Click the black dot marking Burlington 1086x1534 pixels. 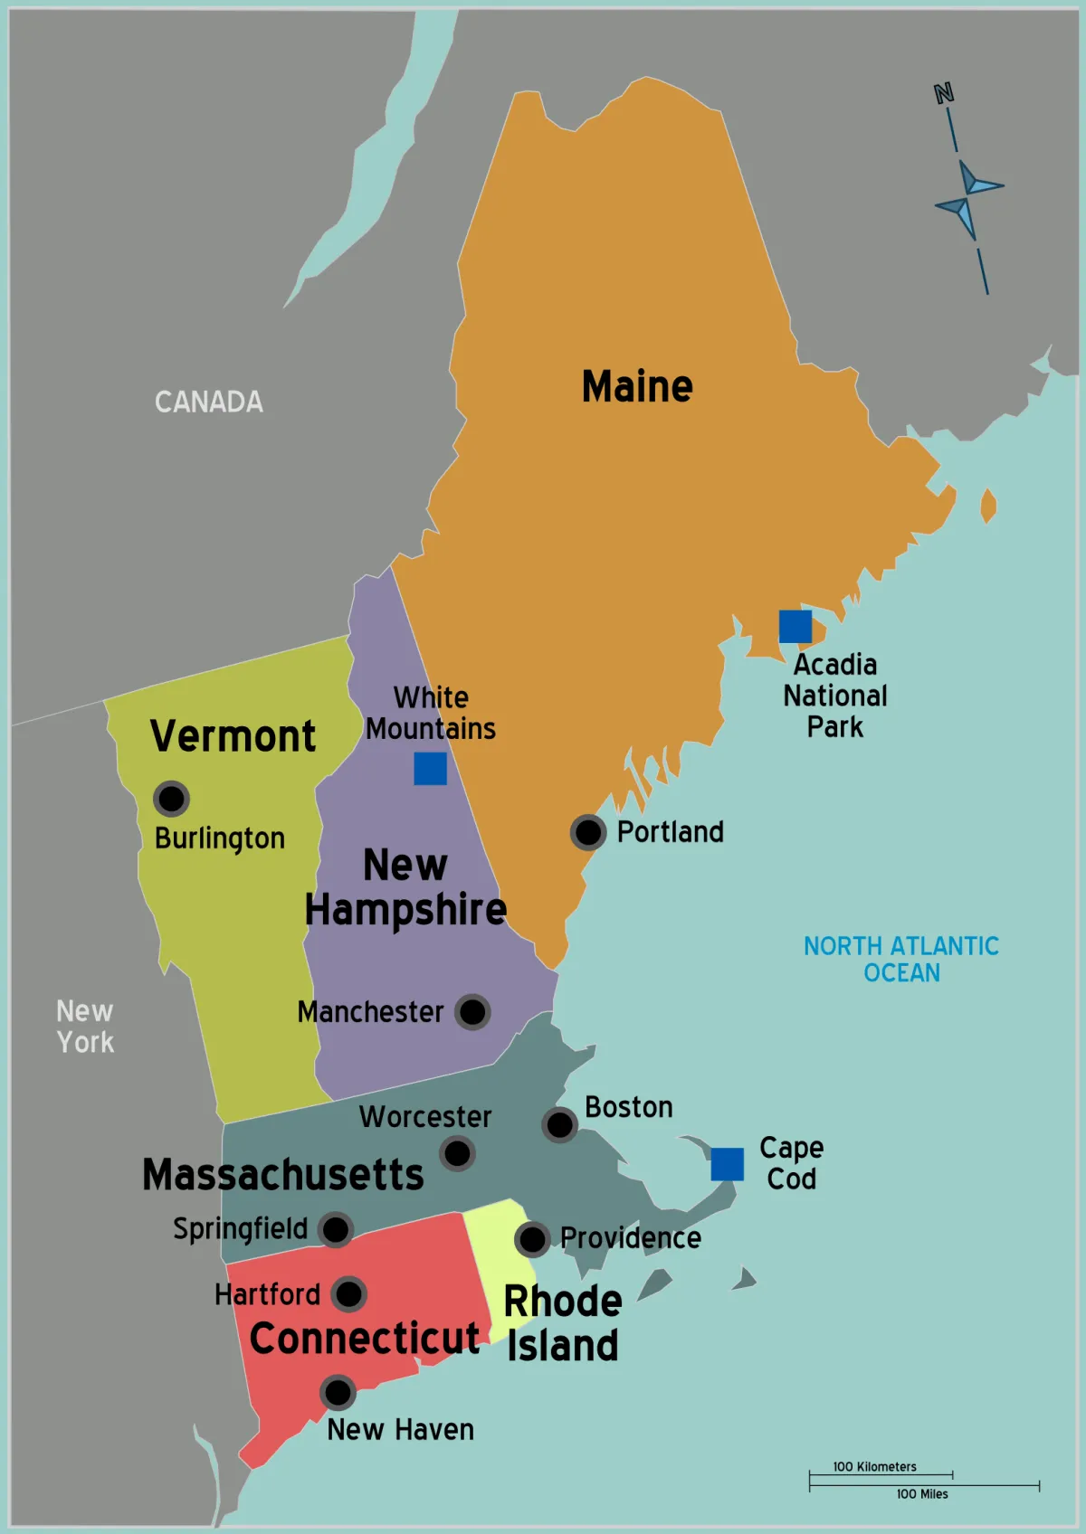pos(171,799)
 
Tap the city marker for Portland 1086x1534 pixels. pos(588,832)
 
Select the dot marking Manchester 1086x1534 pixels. pos(472,1012)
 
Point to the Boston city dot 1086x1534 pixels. pos(559,1125)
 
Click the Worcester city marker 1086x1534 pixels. pos(457,1153)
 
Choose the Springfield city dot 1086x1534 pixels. pos(336,1229)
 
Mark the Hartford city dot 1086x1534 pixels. pos(348,1294)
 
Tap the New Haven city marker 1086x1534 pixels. pos(338,1393)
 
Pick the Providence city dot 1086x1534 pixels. pos(532,1239)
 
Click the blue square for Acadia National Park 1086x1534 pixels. pos(795,626)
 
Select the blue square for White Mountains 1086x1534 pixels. pos(430,769)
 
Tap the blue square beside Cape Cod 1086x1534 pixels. pos(727,1164)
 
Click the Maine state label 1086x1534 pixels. pos(637,387)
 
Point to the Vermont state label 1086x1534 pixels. pos(233,736)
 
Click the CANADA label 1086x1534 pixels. pos(209,402)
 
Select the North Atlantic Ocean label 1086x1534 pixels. pos(901,959)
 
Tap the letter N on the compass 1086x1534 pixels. pos(944,93)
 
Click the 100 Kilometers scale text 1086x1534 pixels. pos(874,1466)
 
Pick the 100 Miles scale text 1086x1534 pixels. pos(922,1494)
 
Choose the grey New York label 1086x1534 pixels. pos(85,1026)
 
